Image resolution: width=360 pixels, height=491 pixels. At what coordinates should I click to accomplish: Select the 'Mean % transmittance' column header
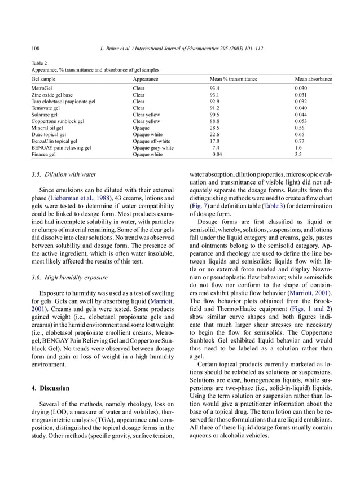[233, 80]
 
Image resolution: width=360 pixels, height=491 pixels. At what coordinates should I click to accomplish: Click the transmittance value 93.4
[214, 89]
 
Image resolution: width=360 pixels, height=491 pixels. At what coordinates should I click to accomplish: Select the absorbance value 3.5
[298, 154]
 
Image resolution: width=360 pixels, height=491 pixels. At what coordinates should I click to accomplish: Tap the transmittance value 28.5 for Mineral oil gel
[214, 128]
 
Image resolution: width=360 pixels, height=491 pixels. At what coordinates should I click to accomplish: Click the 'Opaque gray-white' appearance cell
[153, 147]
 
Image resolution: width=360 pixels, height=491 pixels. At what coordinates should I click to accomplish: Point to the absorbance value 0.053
[301, 121]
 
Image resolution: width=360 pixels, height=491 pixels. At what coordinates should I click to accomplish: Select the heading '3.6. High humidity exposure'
[72, 278]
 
